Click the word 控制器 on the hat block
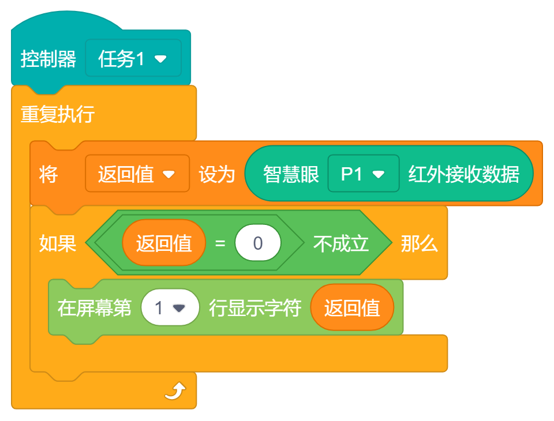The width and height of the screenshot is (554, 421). tap(48, 59)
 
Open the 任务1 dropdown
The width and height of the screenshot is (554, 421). tap(133, 58)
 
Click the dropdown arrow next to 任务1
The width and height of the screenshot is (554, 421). tap(160, 59)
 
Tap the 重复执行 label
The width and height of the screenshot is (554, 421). tap(58, 114)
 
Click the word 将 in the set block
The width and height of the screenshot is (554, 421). tap(48, 174)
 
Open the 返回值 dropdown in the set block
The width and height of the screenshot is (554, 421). tap(137, 174)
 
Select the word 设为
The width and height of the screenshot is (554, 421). tap(217, 174)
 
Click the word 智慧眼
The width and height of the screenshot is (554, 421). tap(291, 174)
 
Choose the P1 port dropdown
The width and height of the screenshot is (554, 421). tap(363, 174)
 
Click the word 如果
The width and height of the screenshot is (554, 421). tap(58, 243)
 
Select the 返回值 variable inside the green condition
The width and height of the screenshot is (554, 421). tap(164, 243)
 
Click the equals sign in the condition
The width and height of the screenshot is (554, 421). tap(220, 243)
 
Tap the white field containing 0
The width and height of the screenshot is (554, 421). tap(258, 243)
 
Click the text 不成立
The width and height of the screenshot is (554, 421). tap(341, 243)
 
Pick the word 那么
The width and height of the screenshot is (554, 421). tap(420, 243)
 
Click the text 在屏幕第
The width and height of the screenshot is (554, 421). tap(95, 308)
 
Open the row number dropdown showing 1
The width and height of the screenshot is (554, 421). tap(170, 308)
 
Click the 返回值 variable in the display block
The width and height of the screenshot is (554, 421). tap(352, 308)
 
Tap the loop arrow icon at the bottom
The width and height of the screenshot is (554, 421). tap(175, 392)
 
